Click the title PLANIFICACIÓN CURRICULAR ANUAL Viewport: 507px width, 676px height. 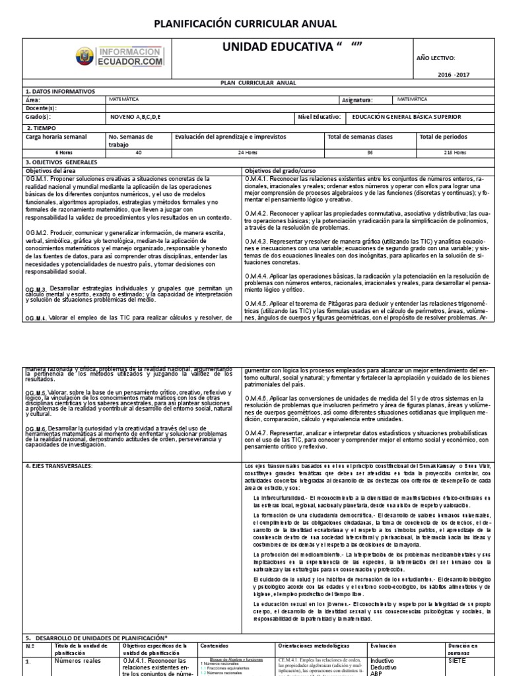pyautogui.click(x=245, y=24)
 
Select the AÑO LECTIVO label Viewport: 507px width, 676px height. pyautogui.click(x=436, y=58)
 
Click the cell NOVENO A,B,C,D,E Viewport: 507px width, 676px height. pyautogui.click(x=135, y=117)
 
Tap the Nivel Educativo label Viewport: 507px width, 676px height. pyautogui.click(x=320, y=117)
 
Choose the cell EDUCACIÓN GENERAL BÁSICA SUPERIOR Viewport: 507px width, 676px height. pyautogui.click(x=407, y=117)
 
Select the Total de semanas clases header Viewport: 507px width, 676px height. pyautogui.click(x=360, y=137)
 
